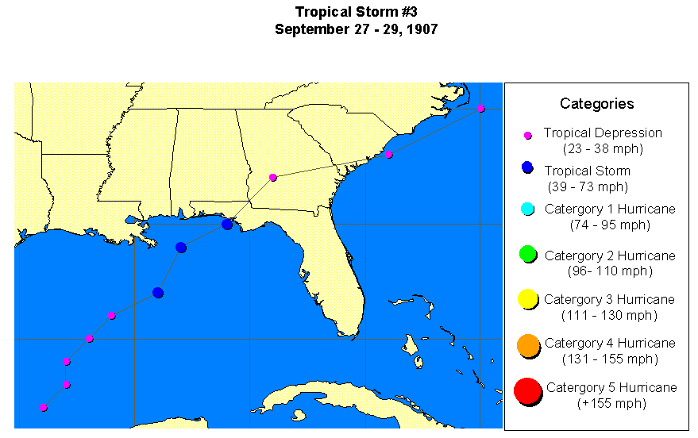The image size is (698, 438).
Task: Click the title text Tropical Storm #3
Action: click(356, 12)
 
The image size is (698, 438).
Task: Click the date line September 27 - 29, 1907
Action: click(356, 29)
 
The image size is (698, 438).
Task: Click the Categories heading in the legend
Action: click(596, 104)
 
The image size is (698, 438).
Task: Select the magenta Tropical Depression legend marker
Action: click(527, 135)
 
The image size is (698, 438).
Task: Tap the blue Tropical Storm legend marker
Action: click(526, 168)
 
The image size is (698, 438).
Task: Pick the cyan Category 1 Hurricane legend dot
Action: click(526, 209)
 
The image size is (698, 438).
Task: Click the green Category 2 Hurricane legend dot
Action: click(527, 255)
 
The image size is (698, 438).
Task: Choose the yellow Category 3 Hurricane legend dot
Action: click(527, 300)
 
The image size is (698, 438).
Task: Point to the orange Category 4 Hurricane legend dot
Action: click(527, 345)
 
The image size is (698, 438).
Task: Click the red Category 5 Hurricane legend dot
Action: click(526, 390)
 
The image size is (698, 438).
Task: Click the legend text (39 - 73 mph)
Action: click(588, 187)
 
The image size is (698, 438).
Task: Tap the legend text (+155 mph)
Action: click(611, 403)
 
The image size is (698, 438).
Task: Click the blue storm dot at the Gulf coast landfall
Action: click(227, 225)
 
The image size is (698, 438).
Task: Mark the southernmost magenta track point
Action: click(43, 408)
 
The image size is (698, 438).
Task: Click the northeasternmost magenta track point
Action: click(481, 109)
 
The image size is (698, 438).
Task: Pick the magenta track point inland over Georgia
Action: click(272, 178)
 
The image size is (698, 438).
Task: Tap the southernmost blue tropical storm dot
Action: click(158, 294)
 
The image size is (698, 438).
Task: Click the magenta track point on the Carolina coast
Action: click(388, 155)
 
